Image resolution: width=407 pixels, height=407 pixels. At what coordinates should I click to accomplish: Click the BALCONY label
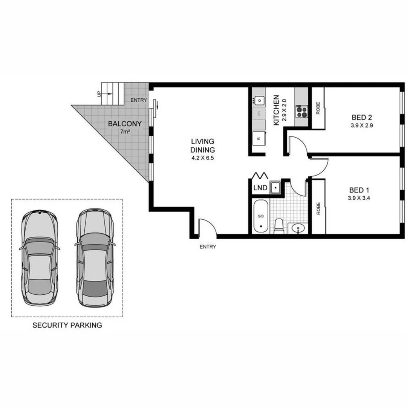click(x=125, y=124)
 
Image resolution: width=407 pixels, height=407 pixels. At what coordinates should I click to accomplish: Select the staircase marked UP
click(x=112, y=93)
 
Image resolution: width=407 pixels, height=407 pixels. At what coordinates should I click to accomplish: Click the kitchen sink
click(x=260, y=100)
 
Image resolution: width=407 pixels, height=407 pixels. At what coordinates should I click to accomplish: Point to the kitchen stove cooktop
click(x=301, y=110)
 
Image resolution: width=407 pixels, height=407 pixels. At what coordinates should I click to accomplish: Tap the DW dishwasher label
click(x=259, y=113)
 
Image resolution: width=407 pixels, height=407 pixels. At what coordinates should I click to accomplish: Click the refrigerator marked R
click(x=259, y=139)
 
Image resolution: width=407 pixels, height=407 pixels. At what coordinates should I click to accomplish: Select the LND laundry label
click(x=260, y=187)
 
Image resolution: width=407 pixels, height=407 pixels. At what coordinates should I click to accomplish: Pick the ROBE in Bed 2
click(x=318, y=109)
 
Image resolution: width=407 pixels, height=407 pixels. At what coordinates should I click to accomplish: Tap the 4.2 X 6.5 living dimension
click(x=202, y=158)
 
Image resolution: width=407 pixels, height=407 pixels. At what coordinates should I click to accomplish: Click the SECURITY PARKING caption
click(x=67, y=325)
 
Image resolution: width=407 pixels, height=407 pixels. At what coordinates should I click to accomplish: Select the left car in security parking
click(x=40, y=257)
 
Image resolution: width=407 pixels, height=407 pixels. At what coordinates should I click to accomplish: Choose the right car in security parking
click(x=94, y=257)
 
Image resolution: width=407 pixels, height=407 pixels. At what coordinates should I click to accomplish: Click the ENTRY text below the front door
click(x=208, y=247)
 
